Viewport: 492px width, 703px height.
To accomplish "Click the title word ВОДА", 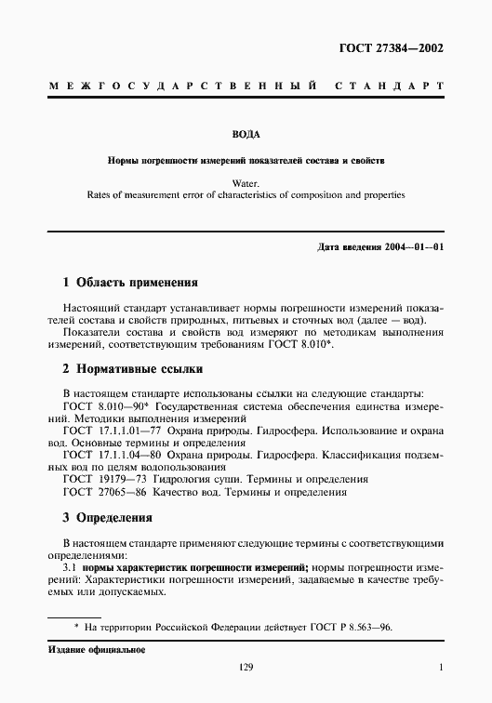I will coord(246,134).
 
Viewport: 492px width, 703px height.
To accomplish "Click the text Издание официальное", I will coord(97,647).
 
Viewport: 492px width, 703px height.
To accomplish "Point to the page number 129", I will coord(246,667).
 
